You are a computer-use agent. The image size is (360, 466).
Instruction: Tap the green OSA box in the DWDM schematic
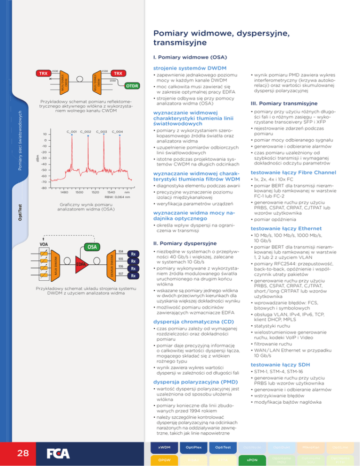tap(92, 246)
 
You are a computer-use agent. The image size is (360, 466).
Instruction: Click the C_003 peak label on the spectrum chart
tap(101, 131)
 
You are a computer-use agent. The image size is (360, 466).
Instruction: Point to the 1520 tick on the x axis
tap(96, 192)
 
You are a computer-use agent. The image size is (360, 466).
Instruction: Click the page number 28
tap(22, 453)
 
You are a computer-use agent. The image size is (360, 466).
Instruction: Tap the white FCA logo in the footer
tap(59, 453)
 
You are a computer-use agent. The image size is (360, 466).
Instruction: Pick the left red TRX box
tap(44, 74)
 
